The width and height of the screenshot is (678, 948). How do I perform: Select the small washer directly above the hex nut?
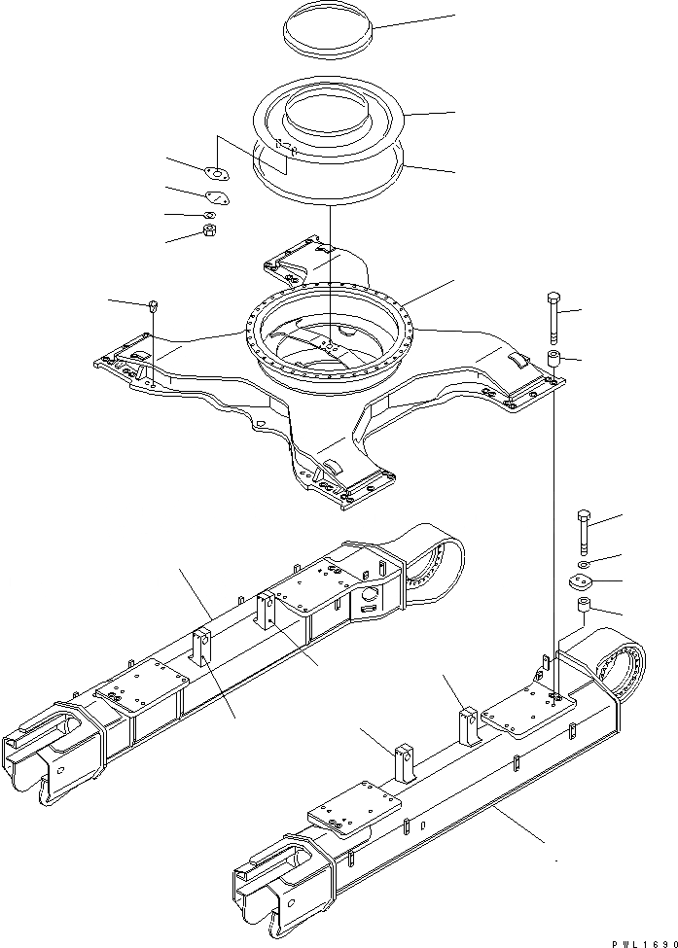click(209, 214)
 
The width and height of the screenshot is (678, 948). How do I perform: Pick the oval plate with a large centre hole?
click(215, 175)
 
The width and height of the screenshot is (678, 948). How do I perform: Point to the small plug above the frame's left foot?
click(154, 308)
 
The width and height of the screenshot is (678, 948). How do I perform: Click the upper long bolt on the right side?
click(553, 313)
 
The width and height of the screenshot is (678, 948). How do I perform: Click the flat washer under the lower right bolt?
click(582, 564)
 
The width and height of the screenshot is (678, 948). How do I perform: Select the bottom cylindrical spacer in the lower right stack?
click(585, 610)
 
